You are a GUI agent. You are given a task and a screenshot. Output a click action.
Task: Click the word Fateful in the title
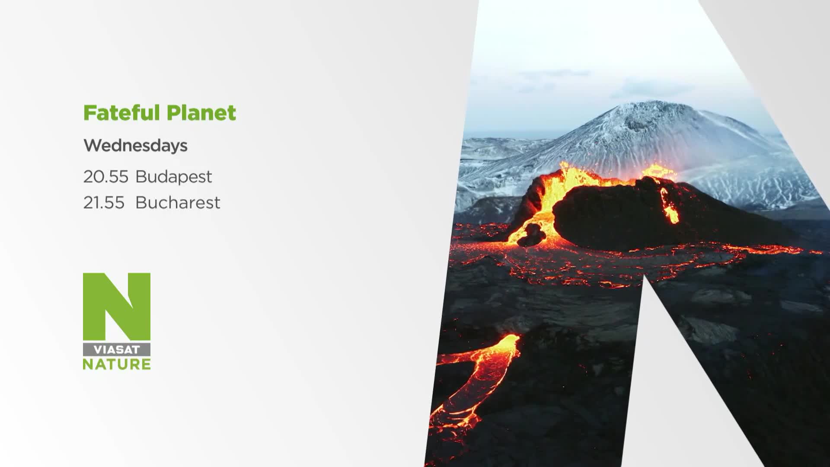point(121,112)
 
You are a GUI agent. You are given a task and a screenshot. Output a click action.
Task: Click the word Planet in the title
point(201,113)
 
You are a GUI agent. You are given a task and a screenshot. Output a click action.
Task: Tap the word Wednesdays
point(135,146)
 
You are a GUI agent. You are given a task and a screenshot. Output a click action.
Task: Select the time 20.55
point(106,176)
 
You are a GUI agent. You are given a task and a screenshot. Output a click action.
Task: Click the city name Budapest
point(174,176)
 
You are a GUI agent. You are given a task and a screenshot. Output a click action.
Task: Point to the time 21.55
point(104,202)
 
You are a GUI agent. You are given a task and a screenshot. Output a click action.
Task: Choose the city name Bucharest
point(178,202)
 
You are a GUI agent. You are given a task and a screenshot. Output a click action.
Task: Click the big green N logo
point(117,306)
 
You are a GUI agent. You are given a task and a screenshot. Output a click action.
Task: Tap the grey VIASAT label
point(117,350)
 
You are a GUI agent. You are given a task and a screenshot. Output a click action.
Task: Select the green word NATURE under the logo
point(117,364)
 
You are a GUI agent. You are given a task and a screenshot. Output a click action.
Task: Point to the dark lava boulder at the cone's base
point(532,235)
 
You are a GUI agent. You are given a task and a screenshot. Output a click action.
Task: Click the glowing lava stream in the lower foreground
point(476,381)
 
